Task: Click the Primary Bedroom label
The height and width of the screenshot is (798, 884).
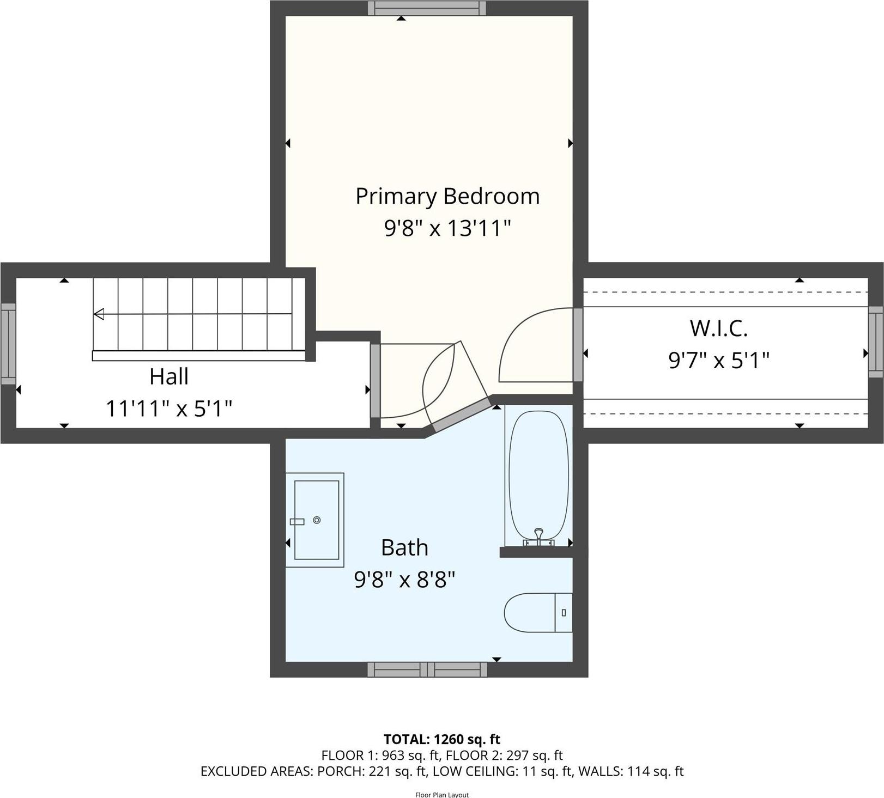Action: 447,197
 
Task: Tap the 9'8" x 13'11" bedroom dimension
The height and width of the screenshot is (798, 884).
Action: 447,228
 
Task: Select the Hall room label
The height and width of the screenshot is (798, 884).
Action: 169,377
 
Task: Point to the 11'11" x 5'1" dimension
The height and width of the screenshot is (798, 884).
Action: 169,408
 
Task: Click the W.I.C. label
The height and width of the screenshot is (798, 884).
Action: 718,328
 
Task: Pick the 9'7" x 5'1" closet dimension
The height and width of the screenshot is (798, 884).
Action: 718,360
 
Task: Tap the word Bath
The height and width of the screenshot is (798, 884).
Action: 404,547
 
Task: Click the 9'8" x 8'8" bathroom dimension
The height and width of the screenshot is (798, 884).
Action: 404,580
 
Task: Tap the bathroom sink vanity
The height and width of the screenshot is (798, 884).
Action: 315,520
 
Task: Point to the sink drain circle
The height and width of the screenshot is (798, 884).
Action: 317,520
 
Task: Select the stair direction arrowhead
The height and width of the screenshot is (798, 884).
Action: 99,314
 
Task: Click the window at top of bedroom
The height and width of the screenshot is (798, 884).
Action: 427,8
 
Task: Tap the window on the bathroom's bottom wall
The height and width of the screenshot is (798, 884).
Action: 427,669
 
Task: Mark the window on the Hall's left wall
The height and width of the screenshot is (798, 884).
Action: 8,344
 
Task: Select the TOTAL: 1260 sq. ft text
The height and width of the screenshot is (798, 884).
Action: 441,739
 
